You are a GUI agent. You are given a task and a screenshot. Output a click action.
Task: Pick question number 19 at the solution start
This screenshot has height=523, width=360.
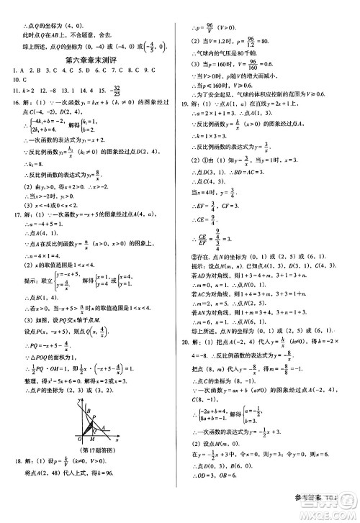pyautogui.click(x=186, y=104)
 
